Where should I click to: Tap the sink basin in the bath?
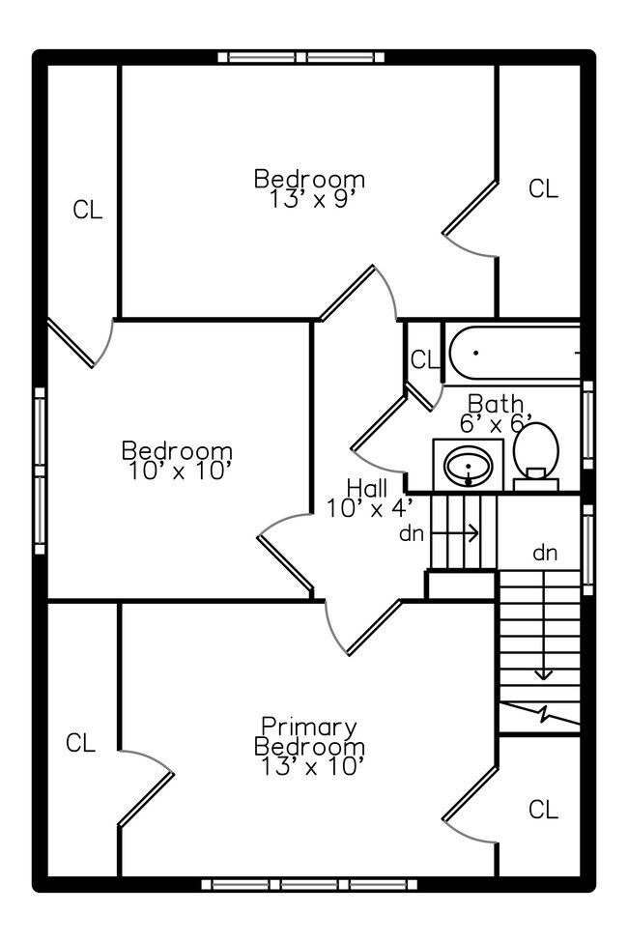(468, 467)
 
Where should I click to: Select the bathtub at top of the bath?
(512, 353)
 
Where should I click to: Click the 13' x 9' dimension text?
(309, 198)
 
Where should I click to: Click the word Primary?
(309, 727)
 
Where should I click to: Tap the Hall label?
(367, 488)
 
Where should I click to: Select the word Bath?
(496, 403)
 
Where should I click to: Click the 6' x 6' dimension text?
(497, 422)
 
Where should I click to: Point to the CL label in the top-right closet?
(543, 188)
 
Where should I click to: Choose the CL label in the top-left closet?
(87, 210)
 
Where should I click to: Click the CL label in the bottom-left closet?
(80, 743)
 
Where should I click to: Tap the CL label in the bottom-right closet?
(543, 810)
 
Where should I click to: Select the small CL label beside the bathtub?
(423, 360)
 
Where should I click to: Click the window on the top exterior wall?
(307, 57)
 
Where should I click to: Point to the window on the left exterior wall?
(40, 471)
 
